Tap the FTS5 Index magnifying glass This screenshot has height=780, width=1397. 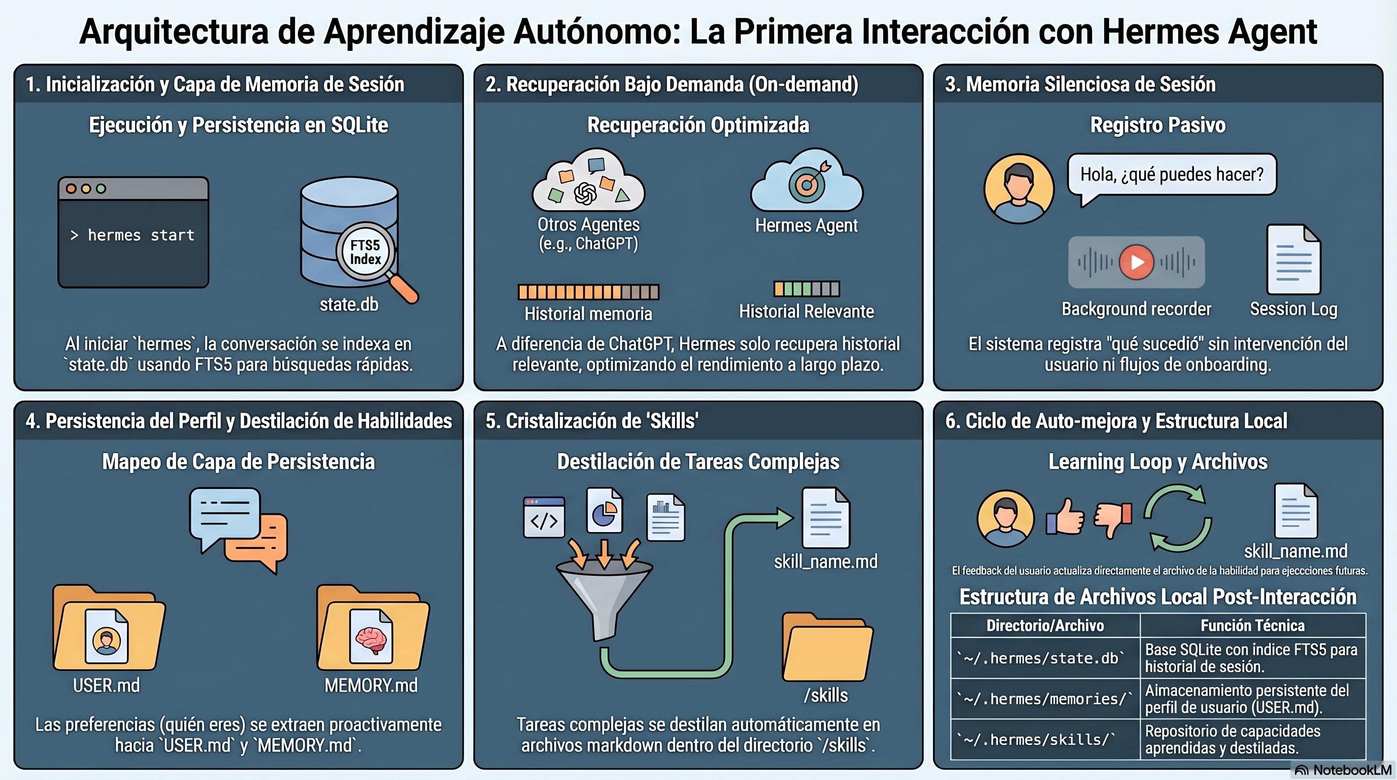click(365, 252)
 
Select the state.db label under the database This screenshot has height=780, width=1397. click(349, 305)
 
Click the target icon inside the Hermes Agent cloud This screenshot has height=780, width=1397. click(808, 184)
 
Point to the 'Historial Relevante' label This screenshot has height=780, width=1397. click(806, 311)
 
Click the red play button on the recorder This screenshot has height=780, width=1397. click(1136, 262)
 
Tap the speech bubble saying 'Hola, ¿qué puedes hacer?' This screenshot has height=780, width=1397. click(1172, 175)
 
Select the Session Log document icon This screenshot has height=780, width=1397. click(1293, 259)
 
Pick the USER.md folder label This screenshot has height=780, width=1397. click(106, 686)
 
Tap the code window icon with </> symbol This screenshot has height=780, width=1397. click(544, 517)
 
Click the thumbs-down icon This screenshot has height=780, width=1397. click(1113, 517)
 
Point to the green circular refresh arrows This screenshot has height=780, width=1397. click(1177, 518)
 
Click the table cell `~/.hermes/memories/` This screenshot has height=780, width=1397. click(1045, 699)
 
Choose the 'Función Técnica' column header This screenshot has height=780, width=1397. click(1252, 626)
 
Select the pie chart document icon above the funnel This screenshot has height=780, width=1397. click(604, 510)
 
